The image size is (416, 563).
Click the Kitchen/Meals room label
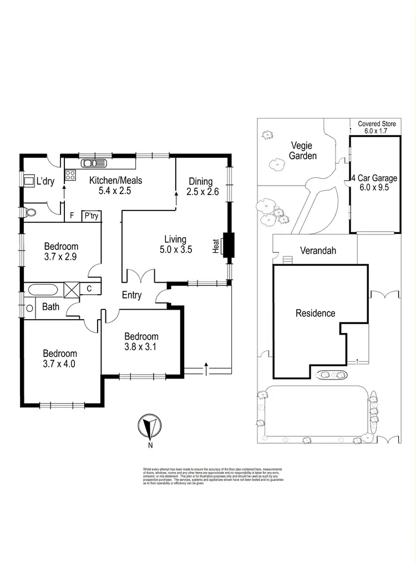116,186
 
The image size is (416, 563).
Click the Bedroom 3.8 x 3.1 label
141,342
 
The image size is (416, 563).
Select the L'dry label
45,181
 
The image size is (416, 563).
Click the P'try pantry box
90,216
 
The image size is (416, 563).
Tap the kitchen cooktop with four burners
70,176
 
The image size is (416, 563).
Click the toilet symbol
31,211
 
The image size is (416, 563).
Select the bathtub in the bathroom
42,289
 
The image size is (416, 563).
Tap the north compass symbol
149,427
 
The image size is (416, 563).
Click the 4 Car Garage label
374,183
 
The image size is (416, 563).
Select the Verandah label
318,250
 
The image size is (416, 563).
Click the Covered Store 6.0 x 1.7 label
377,127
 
